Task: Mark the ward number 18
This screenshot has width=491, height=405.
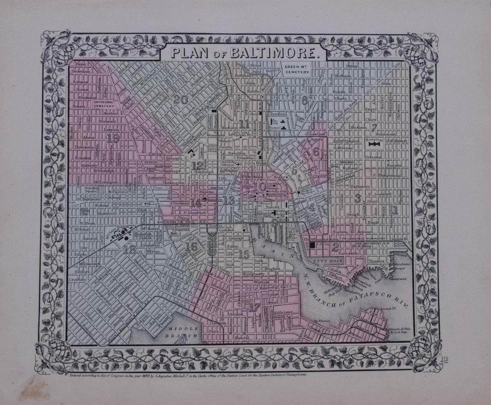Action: (x=129, y=250)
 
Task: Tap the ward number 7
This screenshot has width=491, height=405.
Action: (x=374, y=127)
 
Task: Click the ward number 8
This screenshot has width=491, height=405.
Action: (x=304, y=101)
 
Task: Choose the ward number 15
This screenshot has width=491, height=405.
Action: (x=244, y=255)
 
